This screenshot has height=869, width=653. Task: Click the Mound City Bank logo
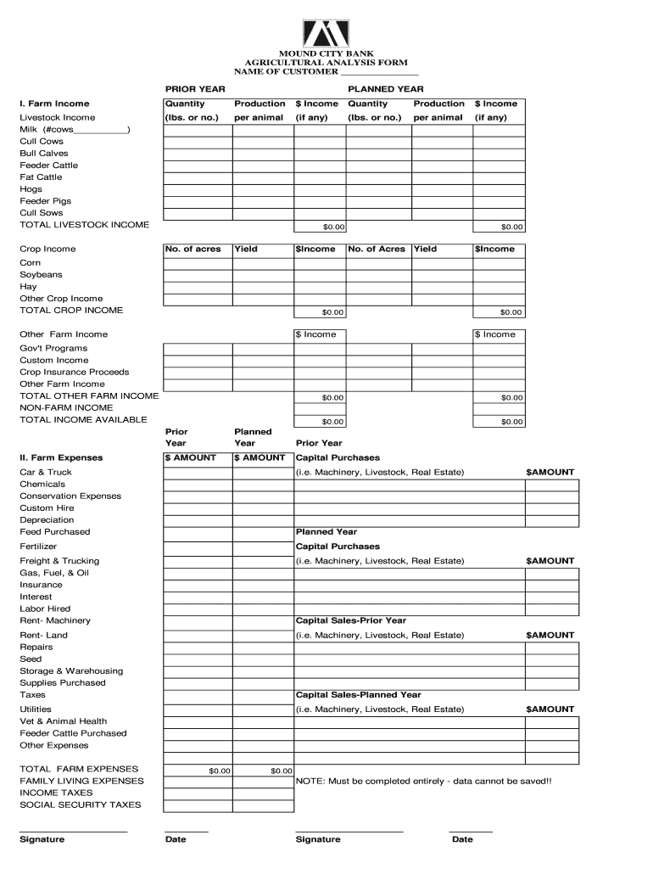pos(326,32)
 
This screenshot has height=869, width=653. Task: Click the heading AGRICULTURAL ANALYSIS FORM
pos(326,63)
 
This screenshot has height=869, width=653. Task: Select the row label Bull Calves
pos(44,154)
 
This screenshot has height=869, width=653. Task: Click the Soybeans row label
pos(41,275)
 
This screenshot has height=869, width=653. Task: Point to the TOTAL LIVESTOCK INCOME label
pos(85,225)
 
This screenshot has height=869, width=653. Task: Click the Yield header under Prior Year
pos(246,249)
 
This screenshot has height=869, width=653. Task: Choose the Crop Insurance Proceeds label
pos(75,373)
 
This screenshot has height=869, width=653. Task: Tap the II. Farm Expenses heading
pos(61,458)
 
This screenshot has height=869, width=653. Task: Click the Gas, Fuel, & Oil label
pos(54,573)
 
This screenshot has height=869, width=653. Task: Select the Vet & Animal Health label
pos(64,721)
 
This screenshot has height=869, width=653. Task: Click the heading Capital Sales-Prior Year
pos(350,620)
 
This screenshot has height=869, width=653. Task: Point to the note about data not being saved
pos(423,781)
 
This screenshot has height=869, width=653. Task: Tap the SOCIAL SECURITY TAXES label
pos(81,805)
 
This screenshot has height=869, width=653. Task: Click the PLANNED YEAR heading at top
pos(386,89)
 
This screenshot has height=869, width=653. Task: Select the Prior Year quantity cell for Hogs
pos(197,189)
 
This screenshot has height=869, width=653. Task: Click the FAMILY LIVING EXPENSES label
pos(82,781)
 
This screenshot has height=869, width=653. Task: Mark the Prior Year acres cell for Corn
pos(197,263)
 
